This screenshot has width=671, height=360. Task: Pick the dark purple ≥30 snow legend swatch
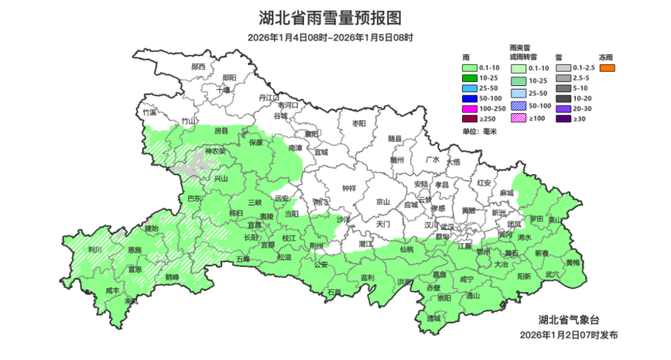tap(563, 120)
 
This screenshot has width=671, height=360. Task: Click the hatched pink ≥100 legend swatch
tap(518, 120)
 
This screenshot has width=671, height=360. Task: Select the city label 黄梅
tap(572, 262)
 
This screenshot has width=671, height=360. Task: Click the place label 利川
tap(95, 249)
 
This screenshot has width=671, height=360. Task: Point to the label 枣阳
tap(359, 123)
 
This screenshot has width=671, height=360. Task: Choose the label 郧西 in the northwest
tap(199, 66)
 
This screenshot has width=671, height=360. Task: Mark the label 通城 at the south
tap(434, 318)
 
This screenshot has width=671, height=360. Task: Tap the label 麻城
tap(506, 193)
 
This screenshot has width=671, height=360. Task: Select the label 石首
tap(334, 291)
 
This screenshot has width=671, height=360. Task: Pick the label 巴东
tap(195, 199)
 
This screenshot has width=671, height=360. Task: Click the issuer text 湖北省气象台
tap(573, 319)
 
